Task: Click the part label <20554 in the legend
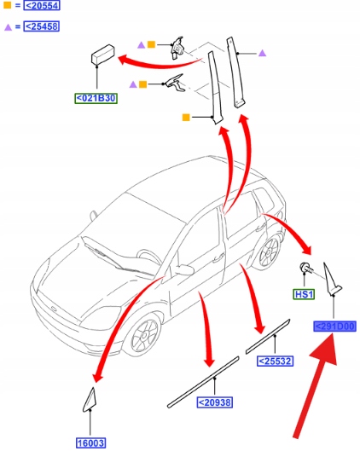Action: click(x=42, y=5)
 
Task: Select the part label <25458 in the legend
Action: click(x=42, y=26)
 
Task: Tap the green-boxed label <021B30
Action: click(x=96, y=98)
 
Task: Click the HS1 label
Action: click(x=304, y=294)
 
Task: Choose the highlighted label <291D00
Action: click(x=334, y=327)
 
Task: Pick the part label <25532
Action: click(x=275, y=361)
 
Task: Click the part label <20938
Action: click(x=215, y=402)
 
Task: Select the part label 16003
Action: click(x=91, y=443)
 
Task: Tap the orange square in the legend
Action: click(x=7, y=5)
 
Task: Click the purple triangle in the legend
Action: click(x=8, y=27)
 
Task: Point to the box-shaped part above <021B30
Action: click(x=102, y=54)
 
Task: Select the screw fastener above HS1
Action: click(x=306, y=268)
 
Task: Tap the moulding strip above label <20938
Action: click(x=203, y=382)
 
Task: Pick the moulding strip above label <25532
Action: click(x=268, y=337)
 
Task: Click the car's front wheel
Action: click(x=142, y=334)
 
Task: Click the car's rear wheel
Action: click(x=268, y=252)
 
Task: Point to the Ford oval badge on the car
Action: click(x=55, y=309)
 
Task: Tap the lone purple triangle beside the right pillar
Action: click(x=262, y=53)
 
